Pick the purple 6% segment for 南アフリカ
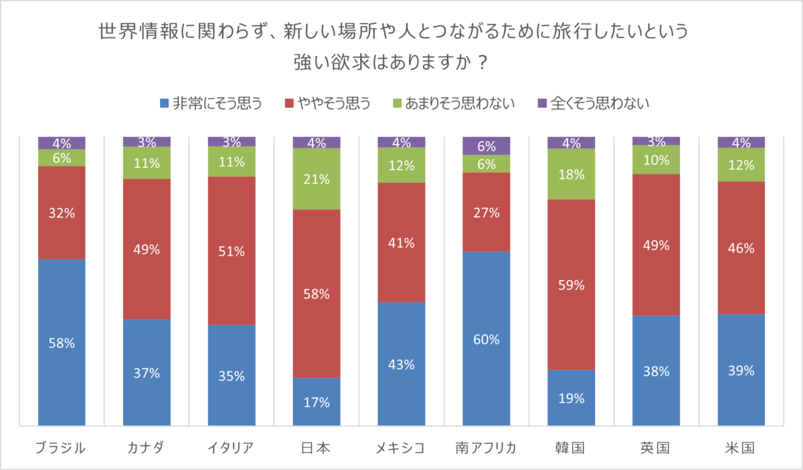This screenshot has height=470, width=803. click(x=486, y=145)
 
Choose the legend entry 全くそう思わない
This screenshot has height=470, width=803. click(x=593, y=103)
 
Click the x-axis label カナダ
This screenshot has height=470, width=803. click(x=147, y=447)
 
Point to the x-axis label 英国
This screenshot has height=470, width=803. click(x=656, y=447)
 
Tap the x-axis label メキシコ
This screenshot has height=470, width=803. click(x=401, y=447)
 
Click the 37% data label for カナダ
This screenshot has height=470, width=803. click(x=147, y=373)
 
